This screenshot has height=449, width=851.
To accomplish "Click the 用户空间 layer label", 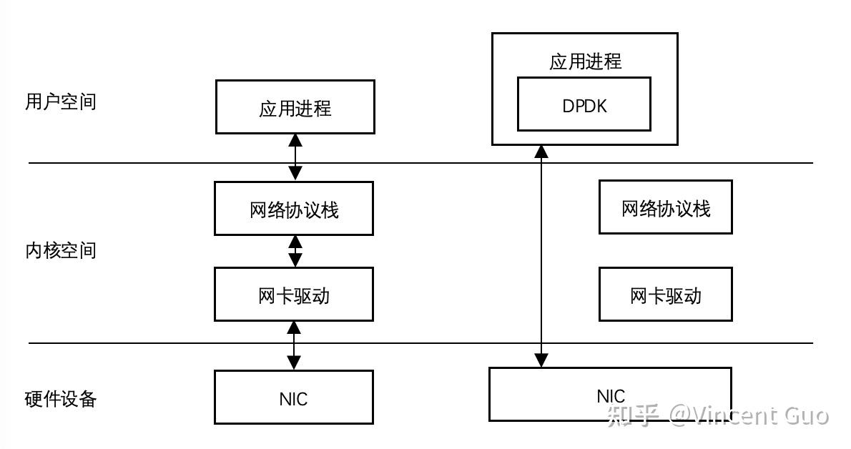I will point(60,102).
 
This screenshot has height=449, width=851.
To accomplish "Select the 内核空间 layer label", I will point(60,251).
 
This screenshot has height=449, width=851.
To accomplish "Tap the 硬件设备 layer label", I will point(60,399).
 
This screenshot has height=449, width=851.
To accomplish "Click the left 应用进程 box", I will point(295,107).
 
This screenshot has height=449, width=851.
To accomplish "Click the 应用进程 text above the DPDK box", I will point(585,61).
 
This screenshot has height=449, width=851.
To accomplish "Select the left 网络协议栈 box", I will point(293,209).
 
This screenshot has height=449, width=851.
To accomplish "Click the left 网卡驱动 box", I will point(293,295).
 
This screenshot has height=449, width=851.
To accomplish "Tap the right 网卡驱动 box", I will point(665,295).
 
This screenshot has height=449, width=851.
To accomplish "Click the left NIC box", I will point(293,398).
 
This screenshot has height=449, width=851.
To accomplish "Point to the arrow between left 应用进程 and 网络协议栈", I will point(295,157).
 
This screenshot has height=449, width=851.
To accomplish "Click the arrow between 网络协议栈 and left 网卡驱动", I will point(295,251).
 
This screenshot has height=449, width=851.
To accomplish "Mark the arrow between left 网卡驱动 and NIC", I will point(293,345).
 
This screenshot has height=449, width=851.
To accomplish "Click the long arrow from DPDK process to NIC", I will point(542,257).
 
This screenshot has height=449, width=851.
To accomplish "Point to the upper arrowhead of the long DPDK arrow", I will point(542,151).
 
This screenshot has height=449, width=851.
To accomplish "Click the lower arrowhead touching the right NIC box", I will point(542,360).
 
